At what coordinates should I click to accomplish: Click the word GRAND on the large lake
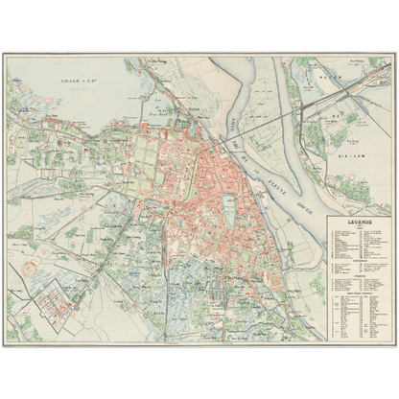click(x=69, y=82)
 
